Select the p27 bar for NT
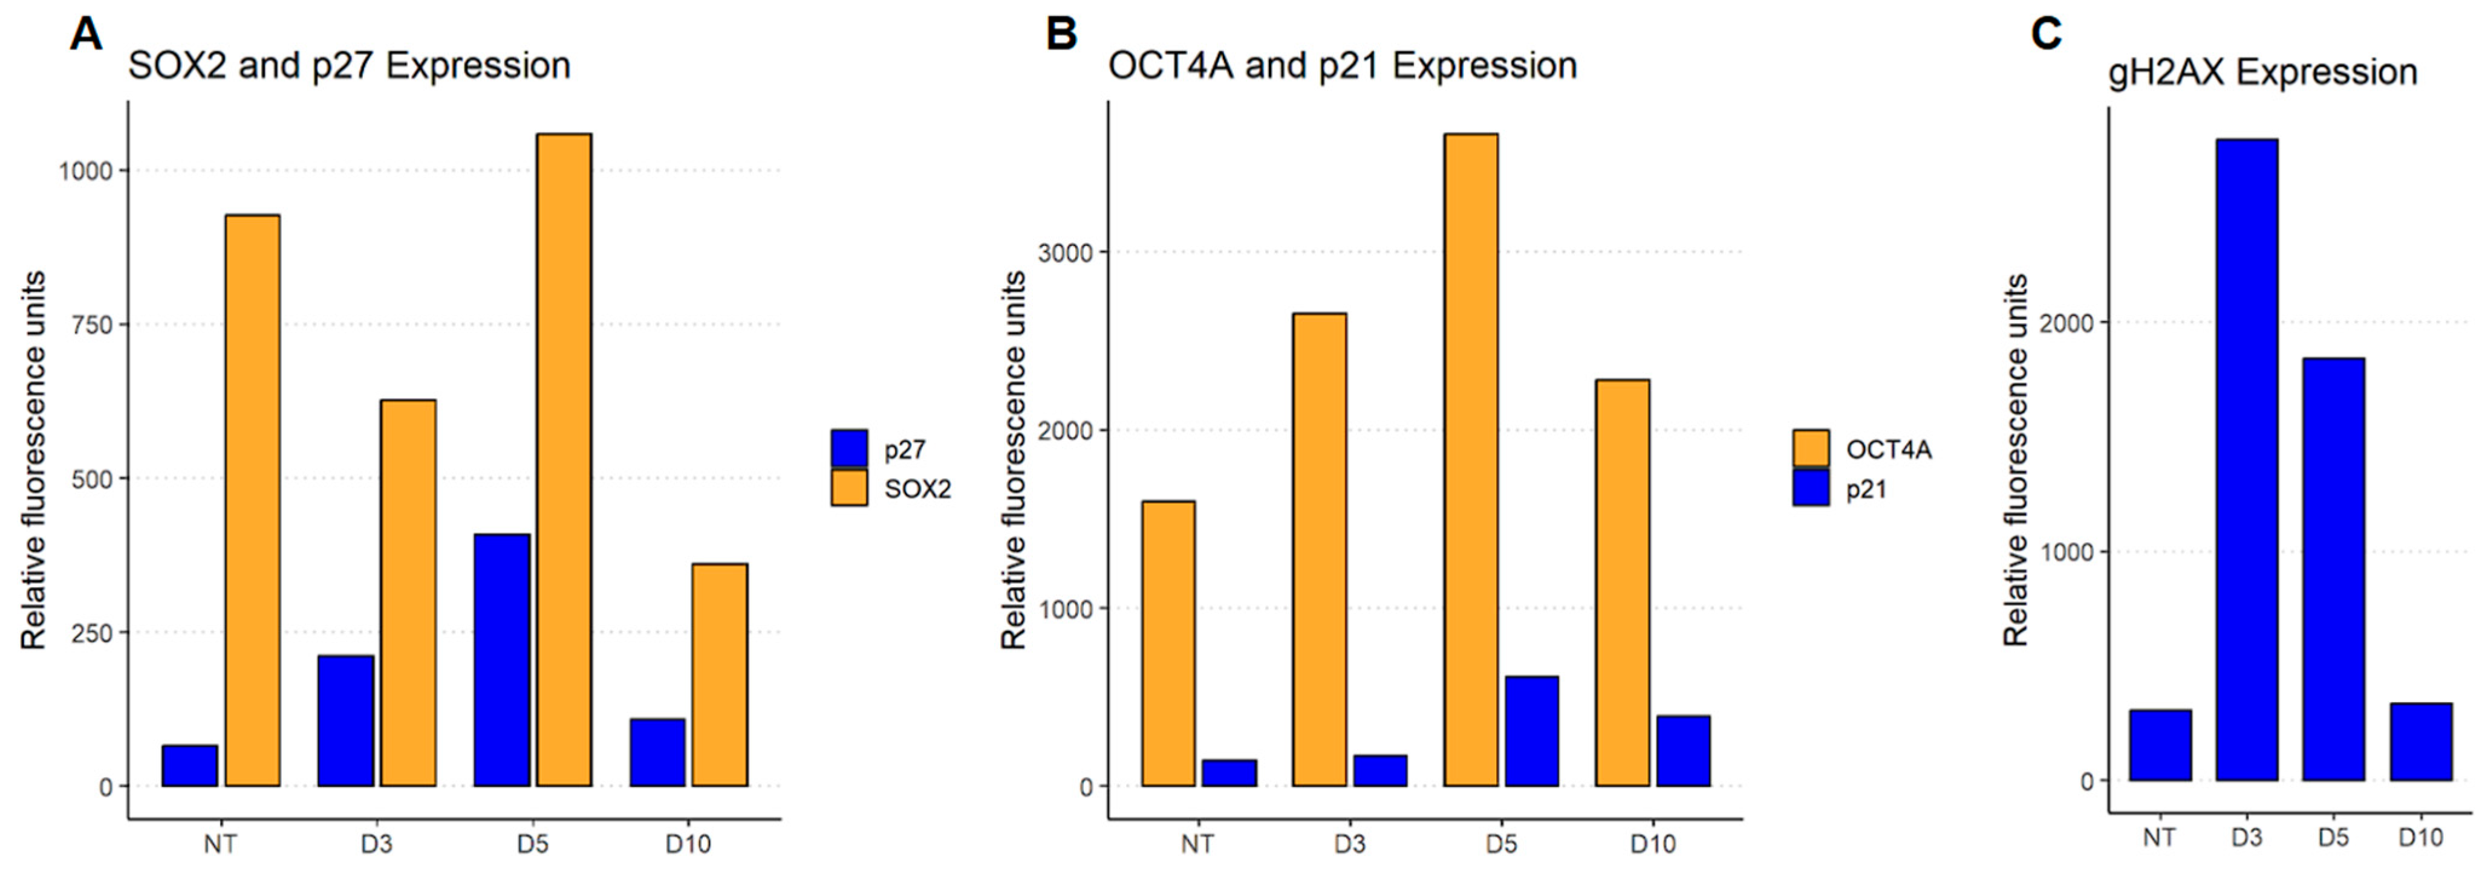[x=189, y=766]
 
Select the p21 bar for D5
[x=1531, y=731]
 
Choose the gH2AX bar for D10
[x=2420, y=741]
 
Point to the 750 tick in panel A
[x=92, y=325]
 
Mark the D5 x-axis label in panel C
[x=2333, y=836]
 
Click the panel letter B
[x=1061, y=35]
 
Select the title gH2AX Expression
[x=2262, y=73]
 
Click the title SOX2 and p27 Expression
[x=349, y=66]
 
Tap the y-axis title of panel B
[x=1013, y=460]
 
